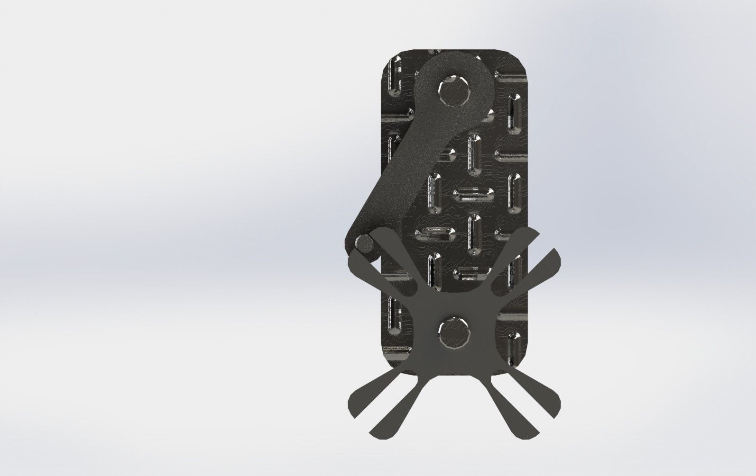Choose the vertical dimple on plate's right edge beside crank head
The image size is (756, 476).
[x=512, y=109]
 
